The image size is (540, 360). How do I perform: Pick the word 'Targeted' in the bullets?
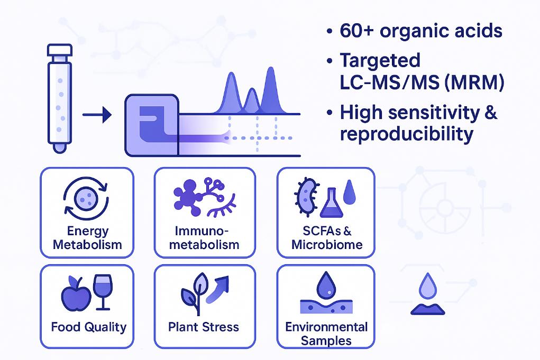click(x=380, y=60)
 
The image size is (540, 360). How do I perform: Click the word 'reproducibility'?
click(x=406, y=134)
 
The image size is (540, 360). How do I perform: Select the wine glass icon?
click(x=102, y=291)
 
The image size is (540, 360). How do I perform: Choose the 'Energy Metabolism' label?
click(x=88, y=238)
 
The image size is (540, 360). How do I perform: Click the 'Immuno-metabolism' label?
click(x=207, y=238)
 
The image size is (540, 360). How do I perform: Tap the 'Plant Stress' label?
click(x=204, y=327)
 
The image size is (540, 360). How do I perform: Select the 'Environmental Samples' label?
click(x=326, y=333)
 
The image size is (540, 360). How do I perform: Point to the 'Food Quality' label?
click(x=89, y=327)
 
